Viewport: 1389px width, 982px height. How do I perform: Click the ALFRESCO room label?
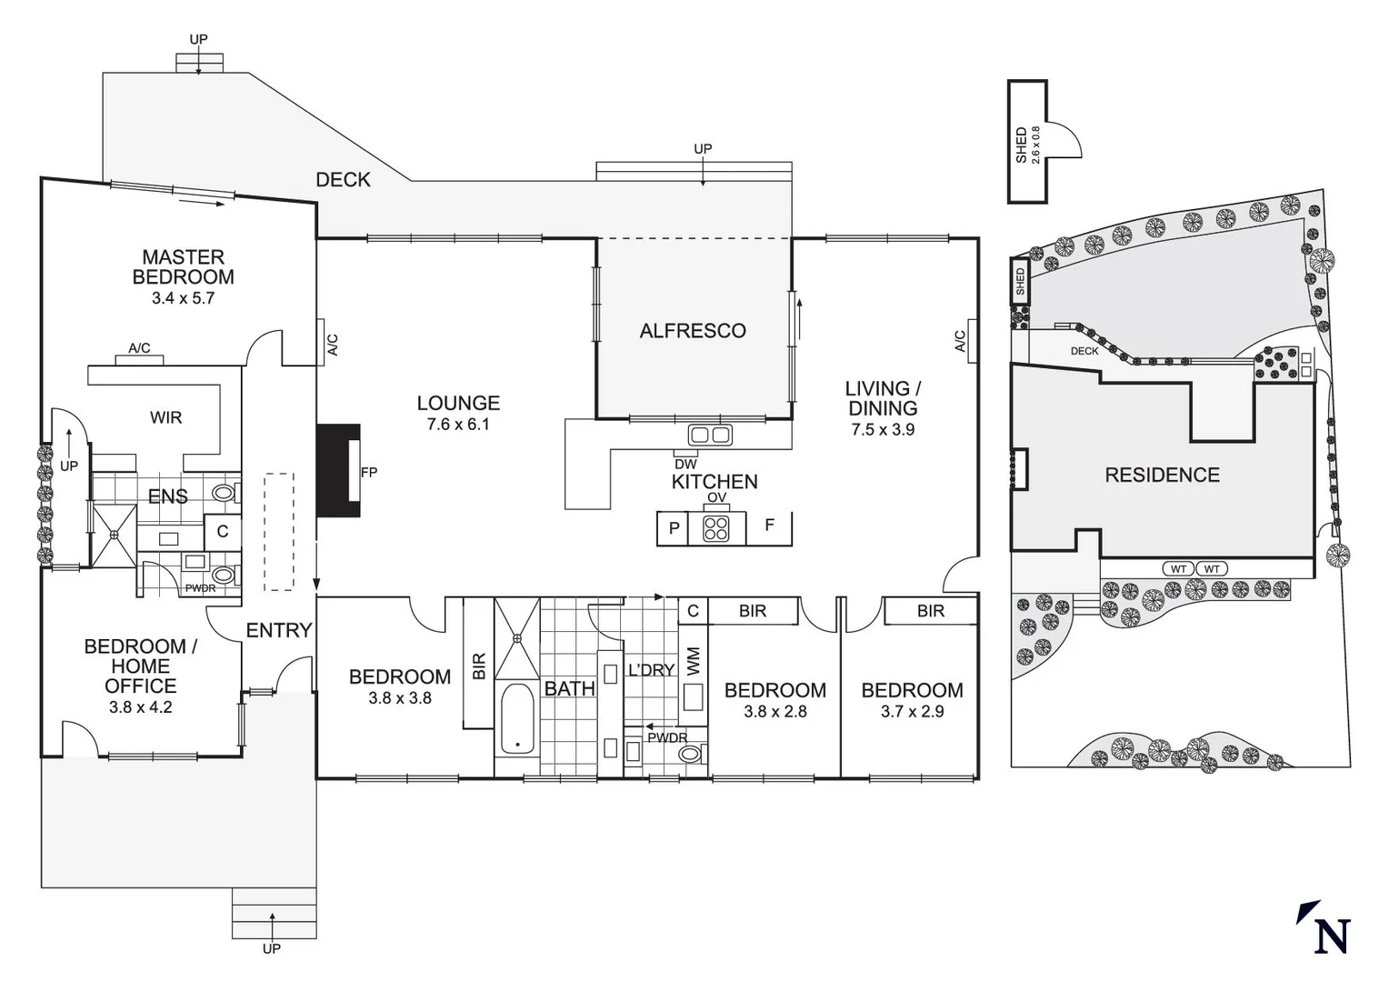(x=693, y=331)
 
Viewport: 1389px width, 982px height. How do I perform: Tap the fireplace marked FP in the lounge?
(x=338, y=471)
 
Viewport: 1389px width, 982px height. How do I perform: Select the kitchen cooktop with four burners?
(x=715, y=528)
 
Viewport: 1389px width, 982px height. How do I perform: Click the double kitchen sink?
(x=709, y=435)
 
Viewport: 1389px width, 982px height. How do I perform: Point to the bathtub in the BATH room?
(x=517, y=719)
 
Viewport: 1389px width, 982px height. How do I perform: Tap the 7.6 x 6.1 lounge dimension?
(x=458, y=425)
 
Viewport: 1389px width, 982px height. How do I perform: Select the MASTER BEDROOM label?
(x=183, y=267)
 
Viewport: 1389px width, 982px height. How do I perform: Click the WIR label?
(x=166, y=417)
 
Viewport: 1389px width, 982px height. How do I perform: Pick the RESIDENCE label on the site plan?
(x=1162, y=475)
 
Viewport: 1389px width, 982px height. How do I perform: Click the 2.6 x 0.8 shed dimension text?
(x=1035, y=144)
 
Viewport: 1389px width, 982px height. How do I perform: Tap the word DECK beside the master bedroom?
(x=343, y=180)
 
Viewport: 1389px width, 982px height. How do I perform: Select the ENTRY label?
(x=279, y=630)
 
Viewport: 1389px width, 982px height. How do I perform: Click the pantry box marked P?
(x=674, y=528)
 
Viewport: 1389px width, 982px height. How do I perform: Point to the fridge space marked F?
(x=770, y=526)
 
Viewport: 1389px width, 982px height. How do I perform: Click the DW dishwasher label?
(x=685, y=465)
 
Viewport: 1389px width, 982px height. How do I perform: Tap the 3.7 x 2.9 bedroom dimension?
(x=912, y=712)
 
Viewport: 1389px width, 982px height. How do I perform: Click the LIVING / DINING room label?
(x=883, y=398)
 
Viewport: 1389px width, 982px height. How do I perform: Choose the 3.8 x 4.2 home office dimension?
(x=140, y=706)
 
